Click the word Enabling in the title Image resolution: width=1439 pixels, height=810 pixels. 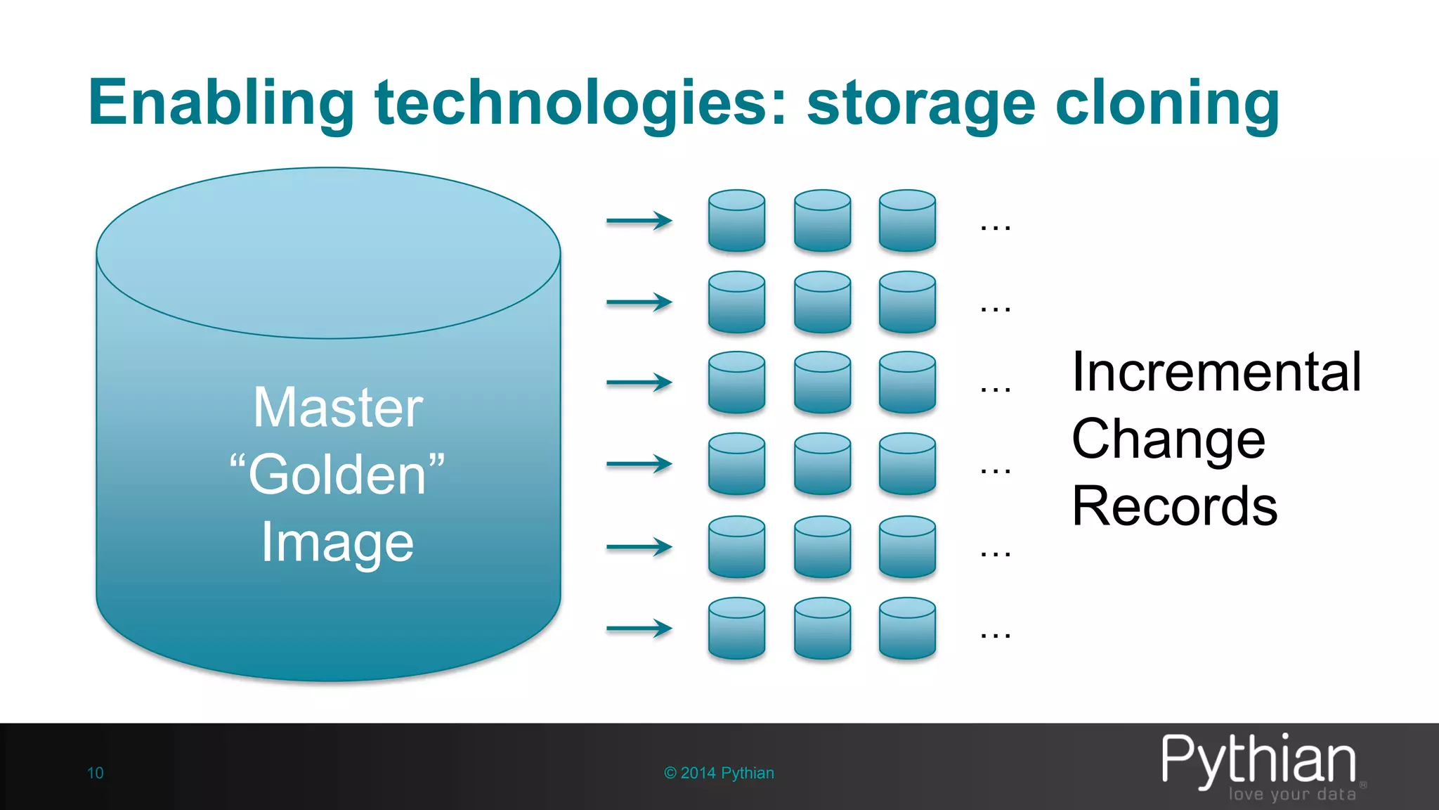tap(221, 103)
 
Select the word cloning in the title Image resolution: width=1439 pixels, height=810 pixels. tap(1167, 103)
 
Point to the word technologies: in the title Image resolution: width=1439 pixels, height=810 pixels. tap(580, 103)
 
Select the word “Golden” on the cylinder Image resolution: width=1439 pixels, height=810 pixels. tap(338, 475)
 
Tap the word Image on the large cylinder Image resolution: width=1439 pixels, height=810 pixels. tap(338, 542)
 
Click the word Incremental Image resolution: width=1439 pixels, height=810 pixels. tap(1216, 372)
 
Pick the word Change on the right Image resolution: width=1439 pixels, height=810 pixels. tap(1168, 439)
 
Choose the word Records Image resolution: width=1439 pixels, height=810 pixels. tap(1174, 506)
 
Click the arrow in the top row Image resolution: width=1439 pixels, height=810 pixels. tap(639, 221)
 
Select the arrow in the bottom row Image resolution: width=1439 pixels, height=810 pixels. tap(639, 628)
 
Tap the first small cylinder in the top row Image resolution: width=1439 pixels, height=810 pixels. tap(736, 221)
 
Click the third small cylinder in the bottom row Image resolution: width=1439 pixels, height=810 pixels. tap(907, 628)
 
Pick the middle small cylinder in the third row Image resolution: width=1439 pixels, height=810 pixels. tap(822, 382)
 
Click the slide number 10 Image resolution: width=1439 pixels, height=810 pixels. tap(96, 773)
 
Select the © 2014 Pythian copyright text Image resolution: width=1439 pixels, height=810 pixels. tap(719, 773)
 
